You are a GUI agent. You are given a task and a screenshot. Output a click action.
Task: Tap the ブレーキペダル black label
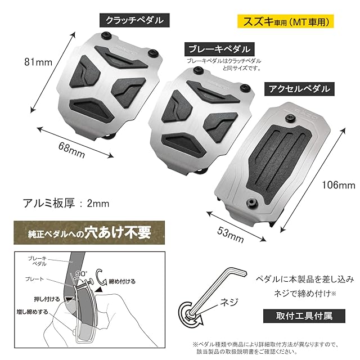[220, 49]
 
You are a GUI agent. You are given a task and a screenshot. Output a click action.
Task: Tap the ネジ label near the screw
[220, 302]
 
